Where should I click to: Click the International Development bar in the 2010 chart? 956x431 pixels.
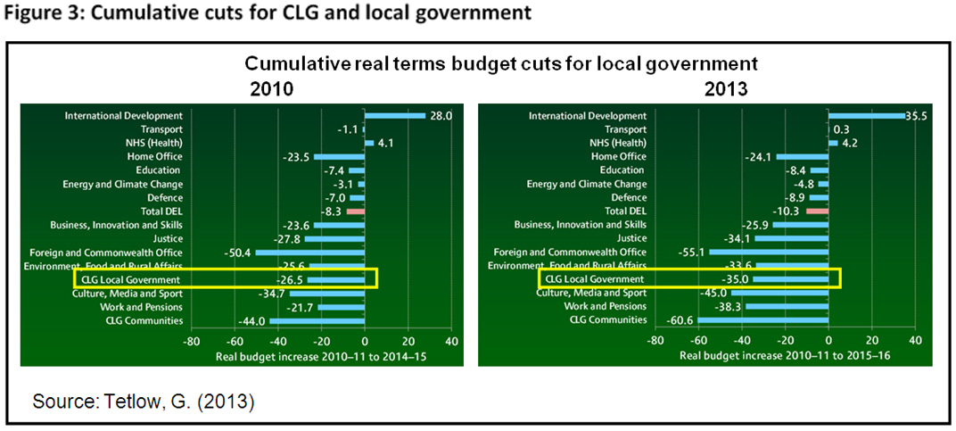tap(394, 115)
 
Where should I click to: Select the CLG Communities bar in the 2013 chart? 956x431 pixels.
tap(763, 320)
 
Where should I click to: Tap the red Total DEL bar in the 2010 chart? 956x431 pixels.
tap(356, 211)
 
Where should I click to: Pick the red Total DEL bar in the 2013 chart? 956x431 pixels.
tap(817, 211)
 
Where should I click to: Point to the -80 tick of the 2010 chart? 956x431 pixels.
tap(190, 341)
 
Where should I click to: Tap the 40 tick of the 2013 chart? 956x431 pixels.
tap(916, 341)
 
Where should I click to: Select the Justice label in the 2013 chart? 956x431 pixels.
tap(630, 238)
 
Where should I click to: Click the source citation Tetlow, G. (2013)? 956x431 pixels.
tap(144, 402)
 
